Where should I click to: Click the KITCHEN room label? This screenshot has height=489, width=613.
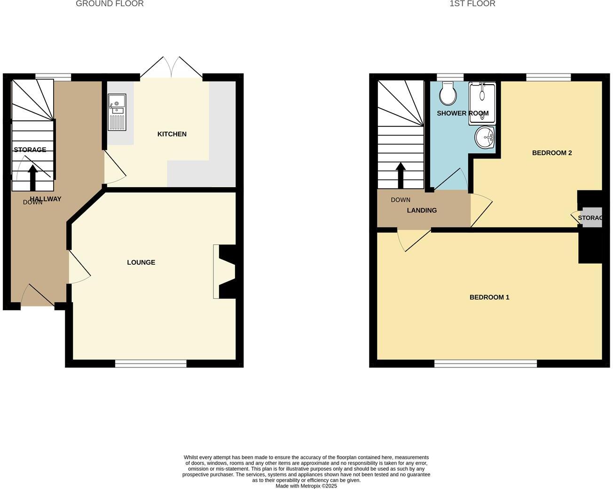point(172,134)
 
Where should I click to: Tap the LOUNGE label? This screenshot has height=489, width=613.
point(141,262)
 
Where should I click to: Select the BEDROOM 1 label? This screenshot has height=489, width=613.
point(489,297)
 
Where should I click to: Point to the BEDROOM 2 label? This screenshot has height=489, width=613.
point(551,153)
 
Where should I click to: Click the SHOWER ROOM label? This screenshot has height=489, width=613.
point(463,113)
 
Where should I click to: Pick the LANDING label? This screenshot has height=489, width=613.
point(422,210)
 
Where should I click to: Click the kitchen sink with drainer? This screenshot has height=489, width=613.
point(117,112)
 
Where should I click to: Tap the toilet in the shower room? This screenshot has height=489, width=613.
point(448,94)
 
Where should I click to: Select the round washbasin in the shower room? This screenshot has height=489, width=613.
point(485,138)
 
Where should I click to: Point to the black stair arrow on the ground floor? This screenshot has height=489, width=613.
point(33,177)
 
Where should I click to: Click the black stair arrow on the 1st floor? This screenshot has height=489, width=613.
point(401,175)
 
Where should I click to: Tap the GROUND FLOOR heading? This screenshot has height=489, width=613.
point(110,4)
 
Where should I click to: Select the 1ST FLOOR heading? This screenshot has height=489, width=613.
point(472,4)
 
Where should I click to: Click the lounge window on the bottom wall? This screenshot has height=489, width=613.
point(150,363)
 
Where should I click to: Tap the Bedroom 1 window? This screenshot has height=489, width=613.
point(485,363)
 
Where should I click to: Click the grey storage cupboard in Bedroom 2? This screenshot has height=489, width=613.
point(591,217)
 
